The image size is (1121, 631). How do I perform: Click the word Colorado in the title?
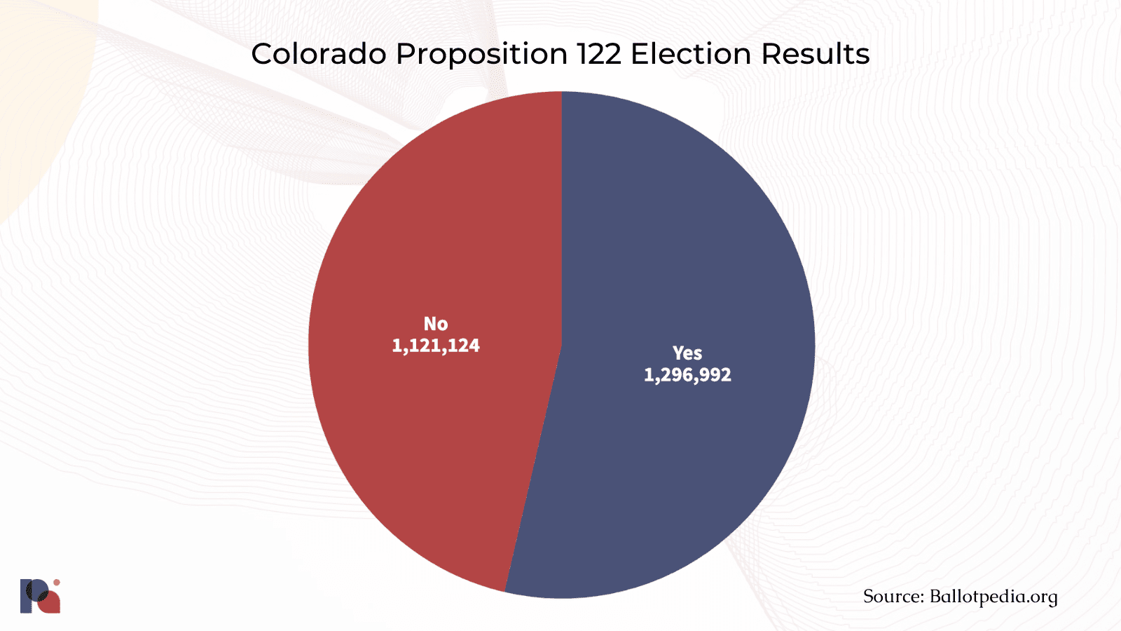tap(319, 54)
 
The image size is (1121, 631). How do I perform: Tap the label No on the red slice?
tap(436, 324)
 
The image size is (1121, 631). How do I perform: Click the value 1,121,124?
tap(436, 346)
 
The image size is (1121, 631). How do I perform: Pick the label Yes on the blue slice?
tap(687, 353)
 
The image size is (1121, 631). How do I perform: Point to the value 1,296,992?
tap(687, 375)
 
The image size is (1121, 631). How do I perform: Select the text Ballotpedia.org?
tap(993, 597)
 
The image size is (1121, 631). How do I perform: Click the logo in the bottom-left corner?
tap(40, 597)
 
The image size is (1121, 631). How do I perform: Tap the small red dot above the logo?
tap(57, 583)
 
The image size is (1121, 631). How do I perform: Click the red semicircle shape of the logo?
tap(50, 604)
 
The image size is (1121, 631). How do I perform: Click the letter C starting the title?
tap(261, 54)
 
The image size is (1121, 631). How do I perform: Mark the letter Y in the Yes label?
tap(678, 353)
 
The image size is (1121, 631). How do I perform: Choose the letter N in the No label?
tap(429, 324)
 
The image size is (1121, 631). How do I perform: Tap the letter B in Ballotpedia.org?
tap(936, 597)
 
